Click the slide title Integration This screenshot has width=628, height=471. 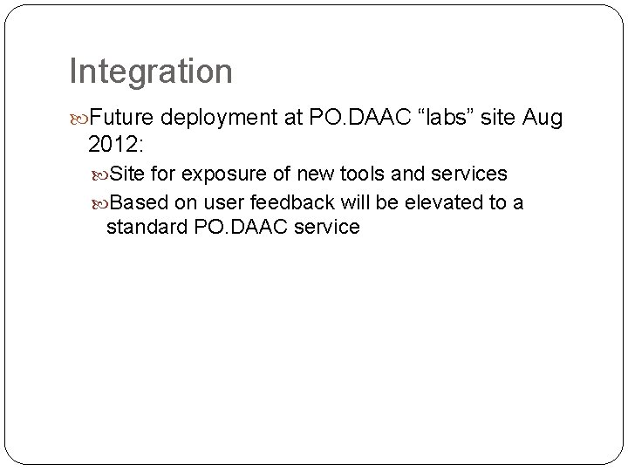point(151,72)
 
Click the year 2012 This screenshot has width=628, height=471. point(118,143)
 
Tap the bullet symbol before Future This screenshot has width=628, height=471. point(80,118)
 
